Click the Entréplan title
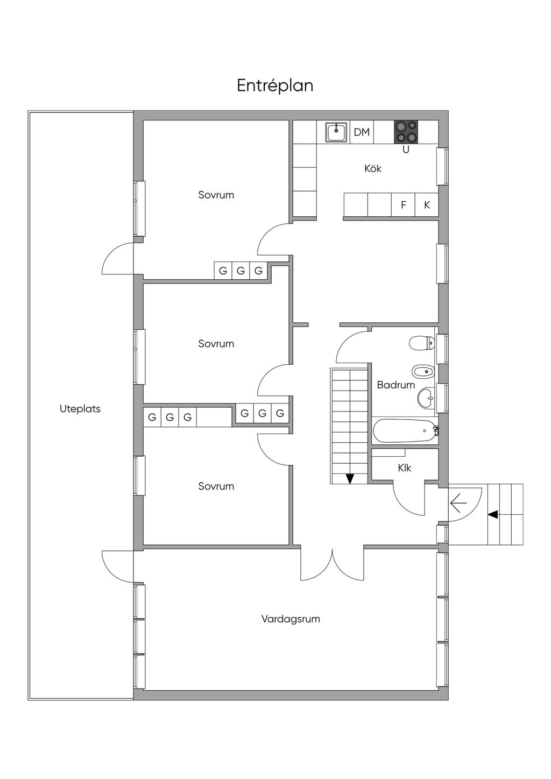click(x=275, y=86)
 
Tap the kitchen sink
click(x=336, y=132)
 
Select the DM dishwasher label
click(x=362, y=132)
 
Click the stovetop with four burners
click(x=406, y=132)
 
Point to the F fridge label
click(x=404, y=205)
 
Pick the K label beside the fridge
click(x=427, y=205)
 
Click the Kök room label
click(x=372, y=169)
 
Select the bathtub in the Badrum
click(x=405, y=431)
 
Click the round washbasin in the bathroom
click(x=426, y=398)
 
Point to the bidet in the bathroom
click(x=423, y=371)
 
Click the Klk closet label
click(x=405, y=468)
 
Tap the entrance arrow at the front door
click(x=458, y=502)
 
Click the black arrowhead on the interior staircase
click(x=350, y=479)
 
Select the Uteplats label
click(x=80, y=409)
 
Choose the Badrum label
click(x=396, y=385)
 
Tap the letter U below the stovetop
click(x=406, y=150)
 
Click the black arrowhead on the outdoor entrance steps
click(x=492, y=514)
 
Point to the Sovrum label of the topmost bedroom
click(x=216, y=195)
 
